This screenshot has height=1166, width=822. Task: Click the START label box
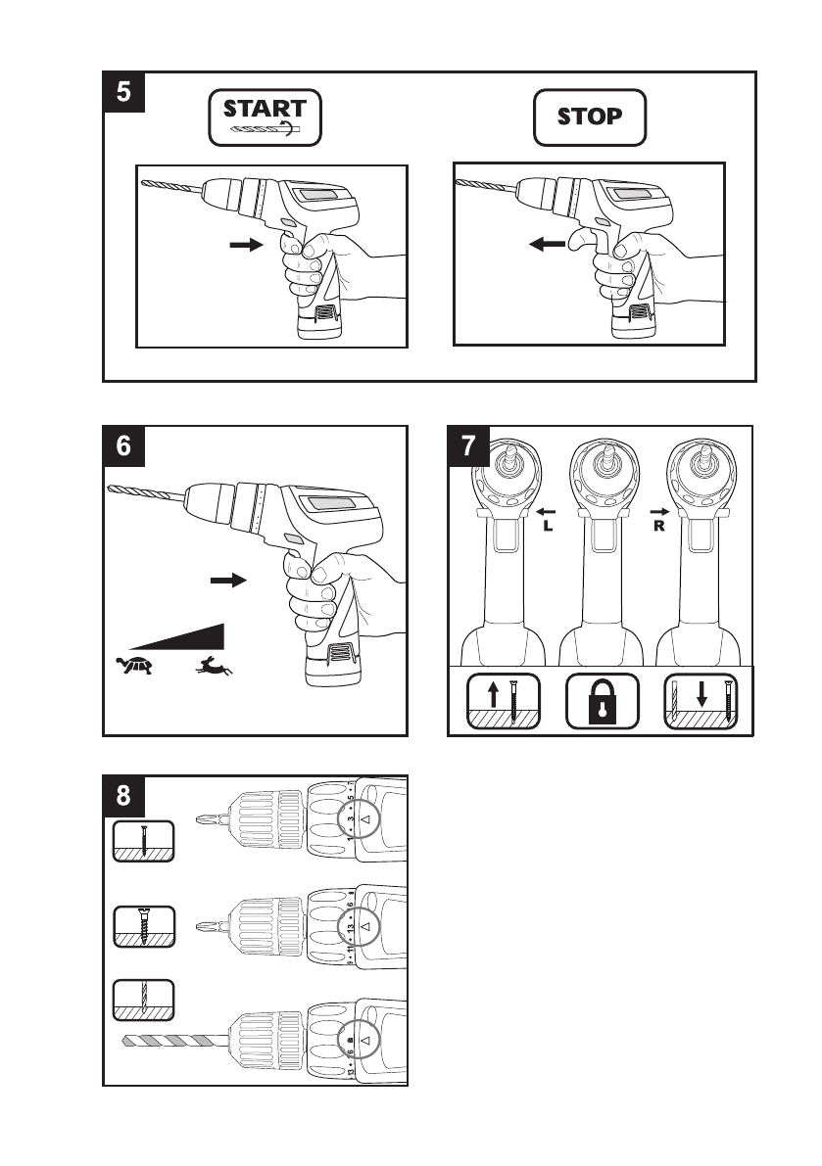click(265, 117)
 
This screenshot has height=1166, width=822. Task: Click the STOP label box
click(590, 117)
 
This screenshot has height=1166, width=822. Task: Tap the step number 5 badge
click(125, 93)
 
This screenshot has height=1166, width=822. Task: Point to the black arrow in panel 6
click(228, 581)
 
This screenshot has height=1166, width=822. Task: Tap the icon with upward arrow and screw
click(503, 701)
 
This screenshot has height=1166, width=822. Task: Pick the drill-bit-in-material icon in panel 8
click(143, 999)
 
